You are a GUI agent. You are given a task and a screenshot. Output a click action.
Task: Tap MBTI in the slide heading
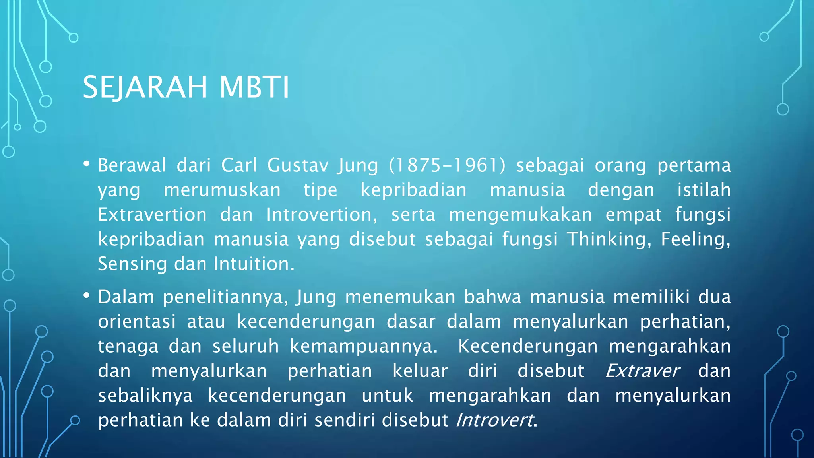(x=254, y=87)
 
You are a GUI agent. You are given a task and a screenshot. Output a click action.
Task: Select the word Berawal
(x=132, y=165)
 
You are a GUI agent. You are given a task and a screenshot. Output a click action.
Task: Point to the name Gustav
(x=298, y=165)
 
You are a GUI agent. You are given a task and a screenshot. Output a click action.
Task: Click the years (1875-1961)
(x=447, y=165)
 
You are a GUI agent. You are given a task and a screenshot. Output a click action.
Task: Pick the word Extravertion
(x=152, y=215)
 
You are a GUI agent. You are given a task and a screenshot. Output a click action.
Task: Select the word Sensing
(x=132, y=264)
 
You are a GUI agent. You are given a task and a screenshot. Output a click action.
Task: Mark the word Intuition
(x=254, y=264)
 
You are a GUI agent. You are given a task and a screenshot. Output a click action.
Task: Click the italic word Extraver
(x=642, y=371)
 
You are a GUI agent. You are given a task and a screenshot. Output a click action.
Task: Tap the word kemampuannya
(x=363, y=346)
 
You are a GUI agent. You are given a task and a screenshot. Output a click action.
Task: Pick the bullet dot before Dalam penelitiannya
(x=87, y=295)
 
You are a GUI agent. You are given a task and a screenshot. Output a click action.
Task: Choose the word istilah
(x=704, y=190)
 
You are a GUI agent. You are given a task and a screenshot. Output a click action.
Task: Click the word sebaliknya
(x=145, y=396)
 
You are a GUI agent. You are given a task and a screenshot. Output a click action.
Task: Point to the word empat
(x=634, y=215)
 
